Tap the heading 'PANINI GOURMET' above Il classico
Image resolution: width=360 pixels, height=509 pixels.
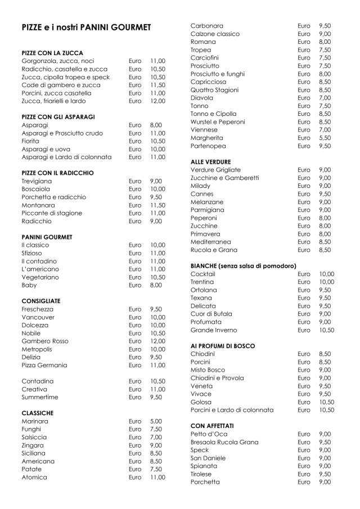pyautogui.click(x=47, y=237)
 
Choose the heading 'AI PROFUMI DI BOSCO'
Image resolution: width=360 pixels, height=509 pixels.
pyautogui.click(x=223, y=345)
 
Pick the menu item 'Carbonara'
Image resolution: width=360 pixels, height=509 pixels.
pyautogui.click(x=207, y=25)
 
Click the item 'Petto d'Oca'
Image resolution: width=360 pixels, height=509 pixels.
pyautogui.click(x=209, y=434)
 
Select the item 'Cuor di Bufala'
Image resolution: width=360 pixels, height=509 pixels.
pyautogui.click(x=213, y=314)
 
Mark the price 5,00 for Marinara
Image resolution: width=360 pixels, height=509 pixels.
pyautogui.click(x=156, y=421)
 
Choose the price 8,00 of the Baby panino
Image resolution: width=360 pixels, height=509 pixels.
pyautogui.click(x=156, y=285)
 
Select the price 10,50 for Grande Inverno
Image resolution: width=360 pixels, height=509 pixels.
pyautogui.click(x=326, y=330)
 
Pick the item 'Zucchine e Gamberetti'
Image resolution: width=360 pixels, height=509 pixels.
pyautogui.click(x=225, y=178)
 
